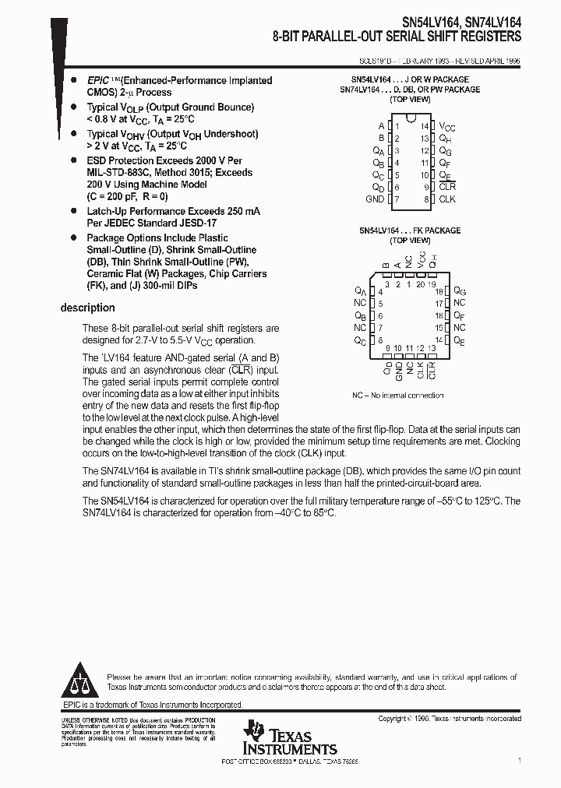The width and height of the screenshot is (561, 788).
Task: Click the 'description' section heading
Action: [87, 308]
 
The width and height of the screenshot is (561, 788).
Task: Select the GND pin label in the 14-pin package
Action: [374, 199]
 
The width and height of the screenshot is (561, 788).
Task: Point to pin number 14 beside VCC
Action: [424, 126]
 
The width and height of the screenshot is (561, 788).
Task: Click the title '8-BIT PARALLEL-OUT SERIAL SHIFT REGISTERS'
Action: [397, 37]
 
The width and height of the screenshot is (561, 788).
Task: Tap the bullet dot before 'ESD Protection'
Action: [73, 160]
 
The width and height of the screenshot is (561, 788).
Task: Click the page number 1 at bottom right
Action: [519, 760]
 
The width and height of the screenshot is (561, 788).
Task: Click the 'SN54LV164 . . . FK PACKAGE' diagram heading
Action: [410, 231]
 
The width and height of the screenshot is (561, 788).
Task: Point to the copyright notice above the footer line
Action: [450, 719]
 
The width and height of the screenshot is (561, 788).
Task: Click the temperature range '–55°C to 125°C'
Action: [470, 501]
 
